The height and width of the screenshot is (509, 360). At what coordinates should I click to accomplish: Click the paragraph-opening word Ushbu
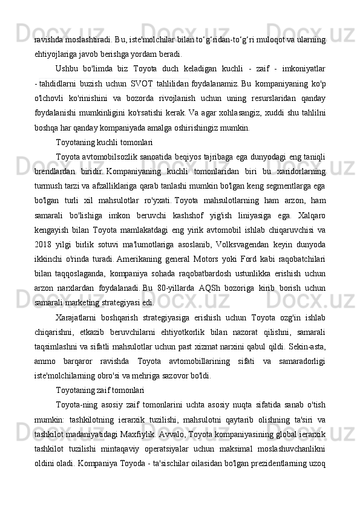point(69,66)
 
